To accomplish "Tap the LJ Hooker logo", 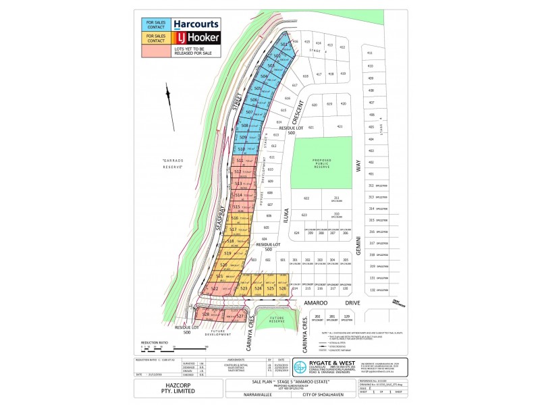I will [196, 38].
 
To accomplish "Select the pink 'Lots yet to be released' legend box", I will [155, 51].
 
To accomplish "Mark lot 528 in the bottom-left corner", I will [206, 315].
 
